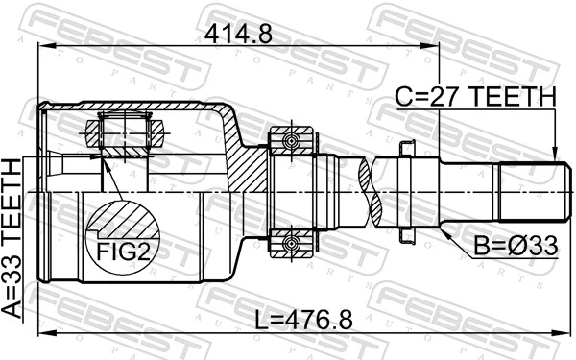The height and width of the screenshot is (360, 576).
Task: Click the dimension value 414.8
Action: pos(239,35)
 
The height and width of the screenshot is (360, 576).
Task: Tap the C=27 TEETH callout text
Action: pos(476,96)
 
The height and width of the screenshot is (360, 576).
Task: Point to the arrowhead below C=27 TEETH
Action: pos(554,154)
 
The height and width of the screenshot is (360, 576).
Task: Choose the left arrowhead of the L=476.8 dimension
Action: pos(41,333)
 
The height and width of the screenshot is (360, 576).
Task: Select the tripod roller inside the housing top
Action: pos(126,129)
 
